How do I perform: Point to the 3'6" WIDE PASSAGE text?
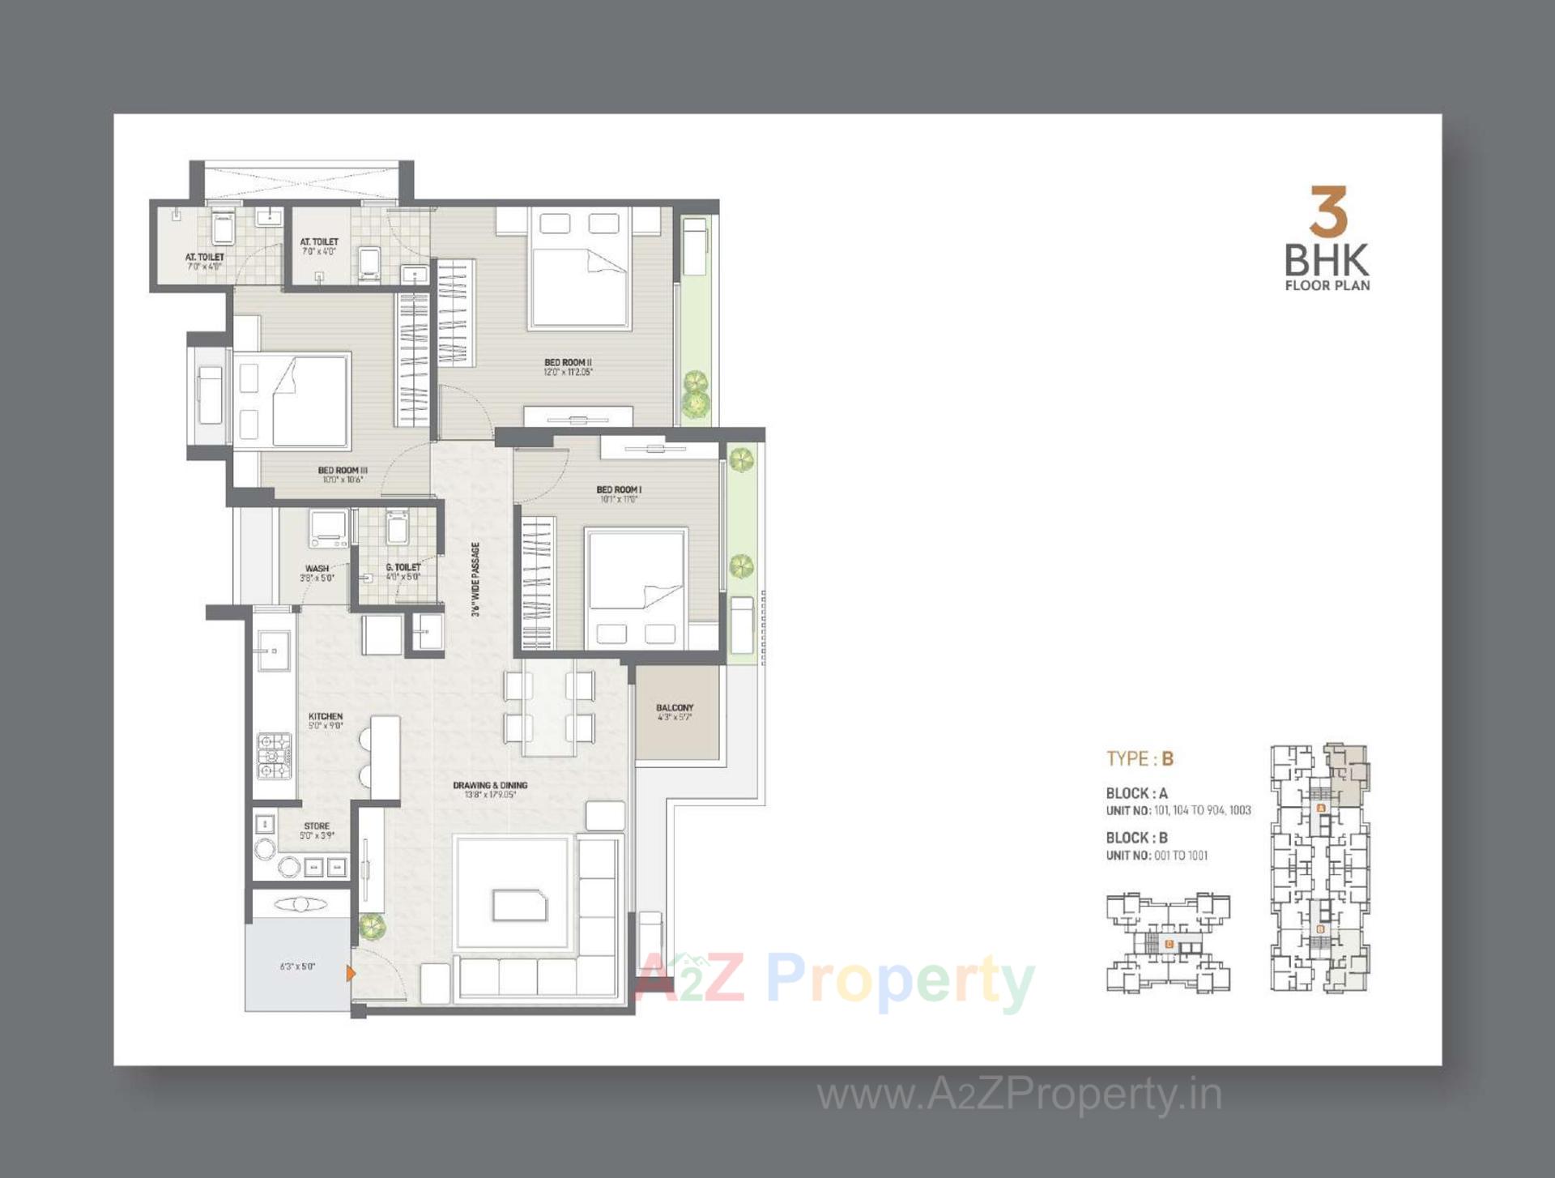476,579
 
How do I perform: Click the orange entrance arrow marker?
351,973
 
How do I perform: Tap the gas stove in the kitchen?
274,756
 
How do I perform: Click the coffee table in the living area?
519,904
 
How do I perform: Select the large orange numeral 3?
1327,211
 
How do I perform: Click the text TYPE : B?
1140,759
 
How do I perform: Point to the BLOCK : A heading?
1136,794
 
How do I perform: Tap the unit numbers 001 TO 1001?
1180,856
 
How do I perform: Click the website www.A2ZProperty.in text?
1019,1095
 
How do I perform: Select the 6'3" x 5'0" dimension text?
297,967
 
